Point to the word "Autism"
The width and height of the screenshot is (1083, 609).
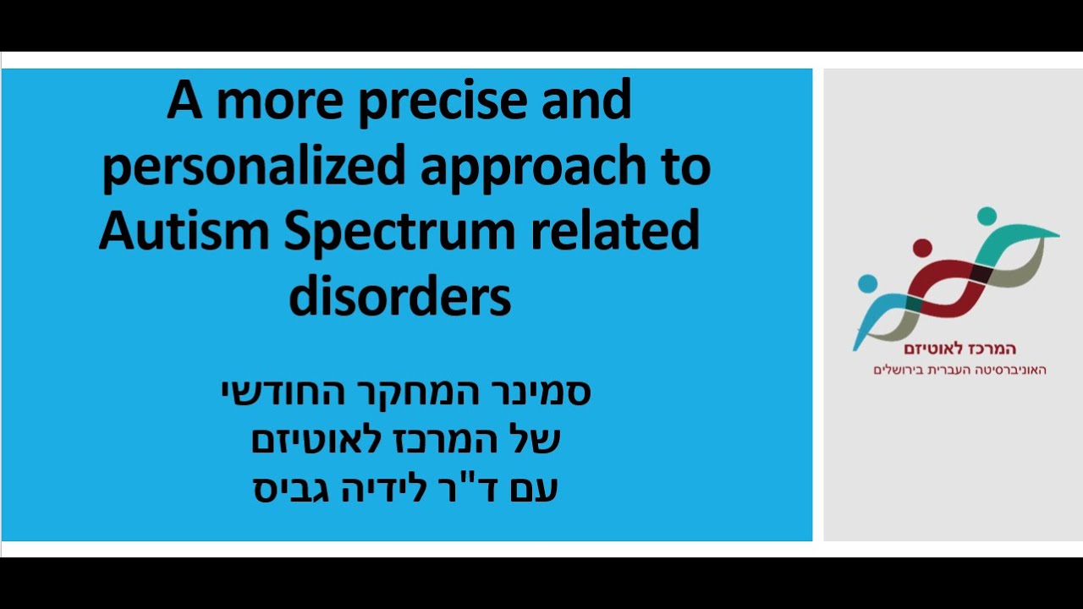coord(184,233)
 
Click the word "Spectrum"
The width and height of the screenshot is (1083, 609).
coord(398,233)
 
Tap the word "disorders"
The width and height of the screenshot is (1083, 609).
coord(400,297)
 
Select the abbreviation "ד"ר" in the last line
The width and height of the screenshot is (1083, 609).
coord(476,489)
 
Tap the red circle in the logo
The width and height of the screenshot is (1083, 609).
coord(922,248)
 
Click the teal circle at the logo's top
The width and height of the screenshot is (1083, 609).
coord(986,216)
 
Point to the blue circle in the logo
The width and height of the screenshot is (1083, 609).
coord(867,283)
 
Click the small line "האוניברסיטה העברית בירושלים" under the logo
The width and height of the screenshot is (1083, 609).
coord(959,370)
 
